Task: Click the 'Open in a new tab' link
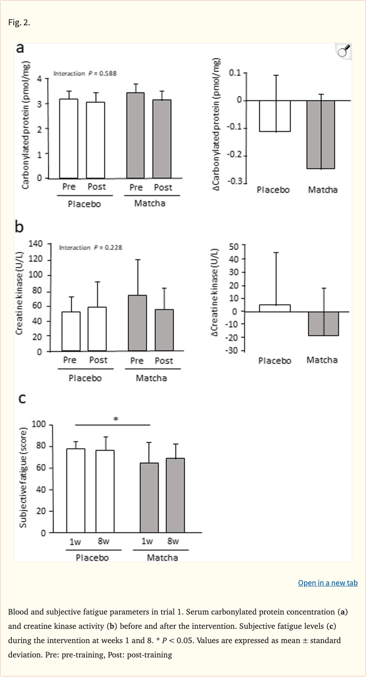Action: pos(327,583)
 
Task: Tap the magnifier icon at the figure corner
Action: pos(344,51)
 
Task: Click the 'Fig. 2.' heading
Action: pos(19,22)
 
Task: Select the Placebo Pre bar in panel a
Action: pos(69,138)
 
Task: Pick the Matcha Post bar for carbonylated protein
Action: pos(162,139)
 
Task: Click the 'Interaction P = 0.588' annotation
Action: pos(85,73)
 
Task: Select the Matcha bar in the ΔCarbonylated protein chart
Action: pos(320,135)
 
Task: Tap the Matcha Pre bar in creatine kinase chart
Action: pos(137,323)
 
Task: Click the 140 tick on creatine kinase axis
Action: pos(36,244)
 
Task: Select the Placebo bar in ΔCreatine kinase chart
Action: pos(274,308)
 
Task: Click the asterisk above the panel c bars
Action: pos(115,419)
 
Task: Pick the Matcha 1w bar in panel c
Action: pos(149,497)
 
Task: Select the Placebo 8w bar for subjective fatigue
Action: pos(105,491)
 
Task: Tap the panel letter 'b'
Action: pos(20,227)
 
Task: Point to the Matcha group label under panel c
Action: pos(163,557)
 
